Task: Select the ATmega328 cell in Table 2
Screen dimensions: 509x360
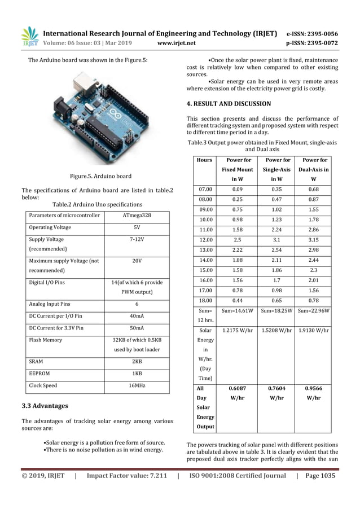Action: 137,215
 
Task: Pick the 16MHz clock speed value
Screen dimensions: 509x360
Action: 137,386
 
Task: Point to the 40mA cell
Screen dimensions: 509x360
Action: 137,315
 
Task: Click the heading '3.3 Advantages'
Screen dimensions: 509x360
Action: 45,406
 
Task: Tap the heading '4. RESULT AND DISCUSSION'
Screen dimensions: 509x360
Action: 229,104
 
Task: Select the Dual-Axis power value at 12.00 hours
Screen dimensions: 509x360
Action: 314,240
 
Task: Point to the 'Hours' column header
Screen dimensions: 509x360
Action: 204,160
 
